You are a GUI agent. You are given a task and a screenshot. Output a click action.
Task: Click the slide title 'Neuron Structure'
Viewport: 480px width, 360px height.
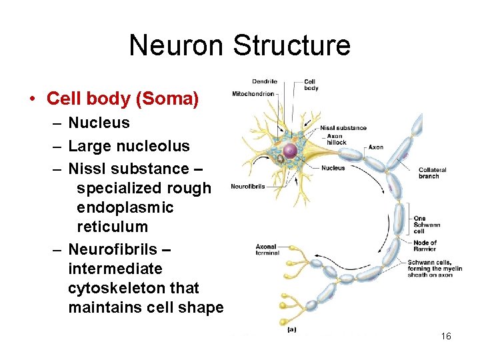[239, 45]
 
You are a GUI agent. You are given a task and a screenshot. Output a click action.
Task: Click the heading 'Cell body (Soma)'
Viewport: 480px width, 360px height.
[123, 99]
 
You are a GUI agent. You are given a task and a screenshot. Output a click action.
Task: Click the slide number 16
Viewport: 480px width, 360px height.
[446, 337]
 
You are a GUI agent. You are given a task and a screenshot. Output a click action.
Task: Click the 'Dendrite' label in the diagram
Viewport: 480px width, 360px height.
[265, 82]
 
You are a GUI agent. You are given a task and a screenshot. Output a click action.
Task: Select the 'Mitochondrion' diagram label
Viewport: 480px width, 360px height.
[253, 94]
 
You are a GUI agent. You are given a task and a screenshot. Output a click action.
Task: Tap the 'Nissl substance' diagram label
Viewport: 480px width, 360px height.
[343, 128]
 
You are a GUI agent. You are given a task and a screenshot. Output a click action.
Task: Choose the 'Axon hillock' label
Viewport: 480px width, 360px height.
[337, 139]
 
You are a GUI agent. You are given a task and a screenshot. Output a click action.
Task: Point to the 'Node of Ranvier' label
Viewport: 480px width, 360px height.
[425, 246]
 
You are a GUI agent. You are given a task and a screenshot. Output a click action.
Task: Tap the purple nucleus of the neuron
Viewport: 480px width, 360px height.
[290, 152]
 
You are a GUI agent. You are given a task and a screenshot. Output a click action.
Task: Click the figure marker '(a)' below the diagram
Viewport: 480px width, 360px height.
[291, 329]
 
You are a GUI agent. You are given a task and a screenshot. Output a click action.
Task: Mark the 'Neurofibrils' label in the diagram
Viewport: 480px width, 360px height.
[247, 186]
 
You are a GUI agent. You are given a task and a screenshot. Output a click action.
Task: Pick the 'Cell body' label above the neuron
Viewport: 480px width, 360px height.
[311, 85]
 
